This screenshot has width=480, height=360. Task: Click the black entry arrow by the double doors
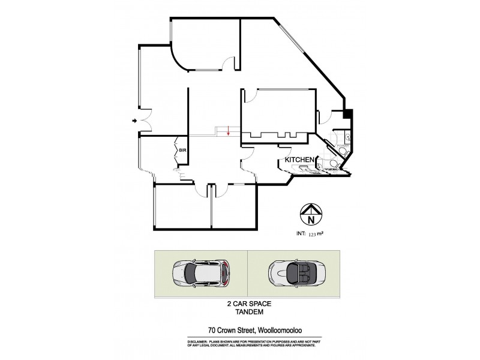[x=134, y=122]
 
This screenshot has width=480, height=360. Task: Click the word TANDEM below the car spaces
[x=247, y=312]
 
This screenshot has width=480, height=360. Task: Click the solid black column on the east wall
[x=347, y=113]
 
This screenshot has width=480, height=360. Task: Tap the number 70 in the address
[x=211, y=329]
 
